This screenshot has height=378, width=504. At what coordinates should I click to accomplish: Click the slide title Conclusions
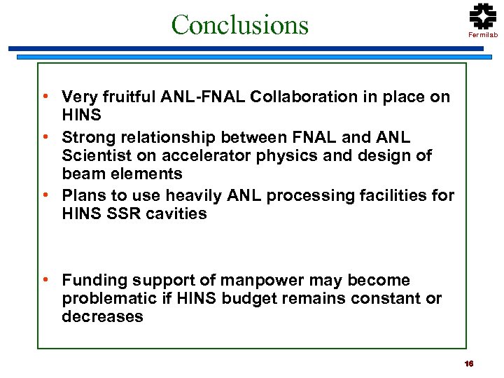pos(239,24)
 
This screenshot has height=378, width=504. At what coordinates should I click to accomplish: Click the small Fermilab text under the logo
pos(482,34)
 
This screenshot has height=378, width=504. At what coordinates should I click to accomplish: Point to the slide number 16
pos(469,363)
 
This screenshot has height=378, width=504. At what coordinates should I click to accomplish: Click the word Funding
pos(92,281)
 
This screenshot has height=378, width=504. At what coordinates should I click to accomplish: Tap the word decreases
pos(102,317)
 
